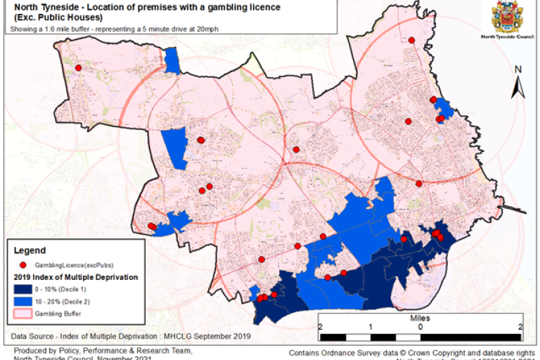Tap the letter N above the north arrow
[517, 70]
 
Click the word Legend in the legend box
[30, 250]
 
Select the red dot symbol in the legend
[22, 265]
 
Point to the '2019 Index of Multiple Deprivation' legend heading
[75, 277]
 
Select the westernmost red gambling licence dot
[79, 67]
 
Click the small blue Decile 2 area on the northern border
[172, 60]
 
